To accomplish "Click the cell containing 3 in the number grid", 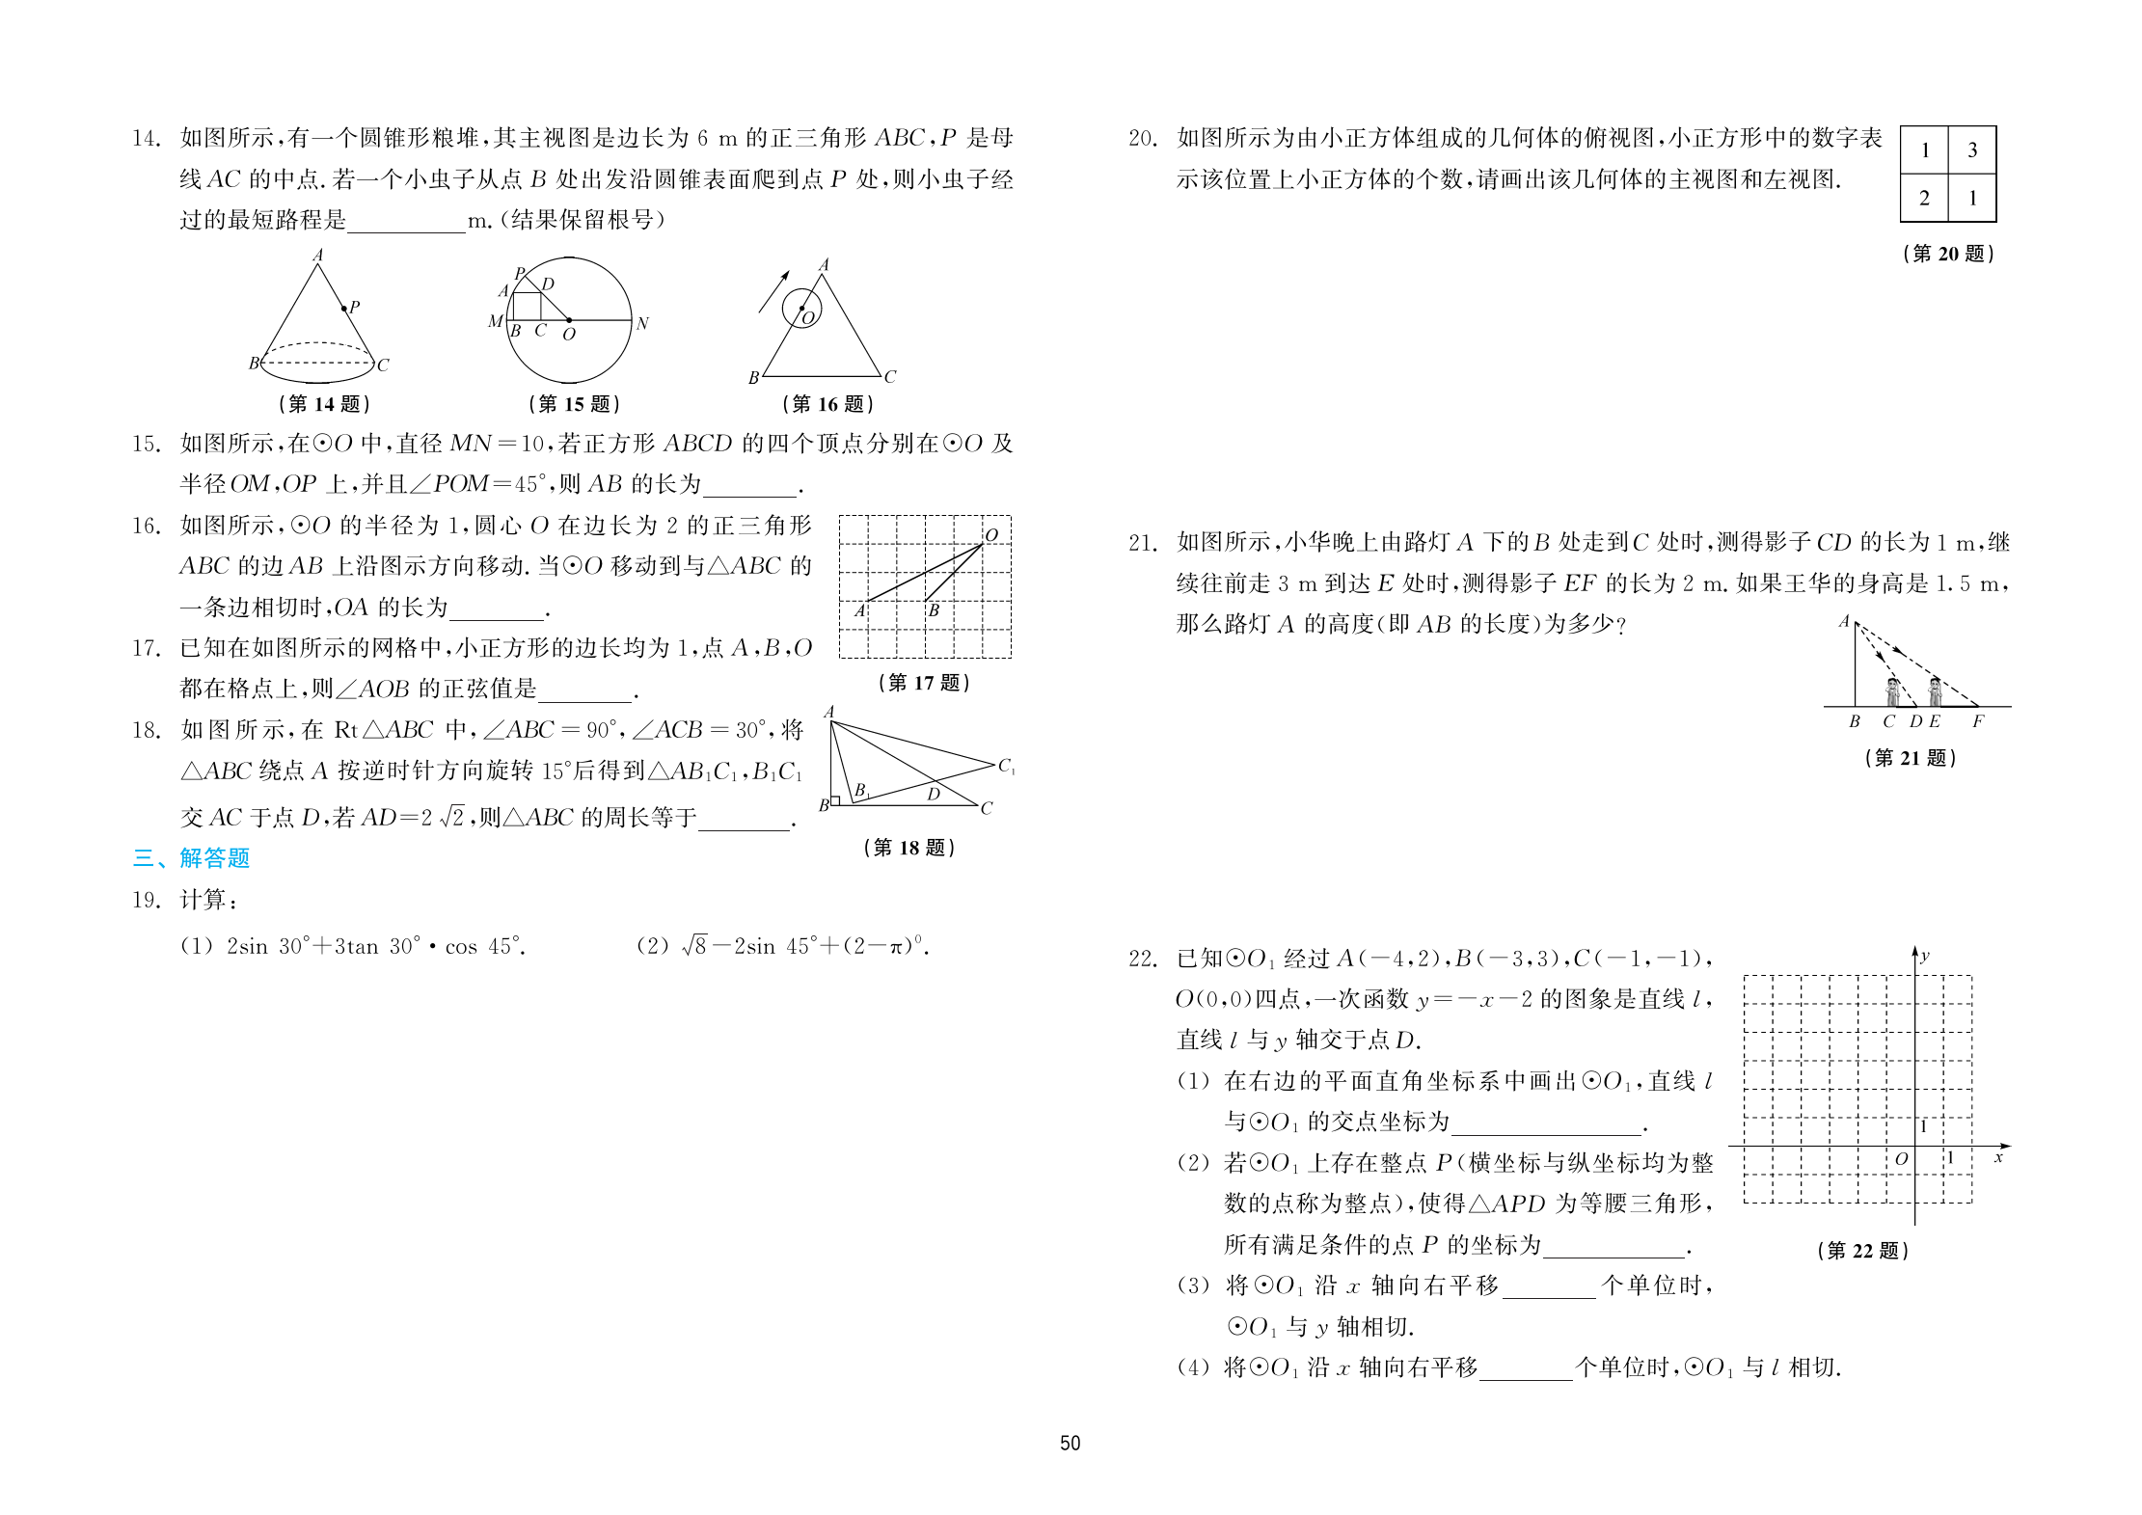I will (1972, 149).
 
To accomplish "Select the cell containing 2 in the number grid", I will (1924, 199).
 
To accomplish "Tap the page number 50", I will (1070, 1443).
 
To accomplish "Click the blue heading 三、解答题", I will (191, 857).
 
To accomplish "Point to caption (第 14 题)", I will (324, 404).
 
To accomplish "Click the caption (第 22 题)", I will (1862, 1251).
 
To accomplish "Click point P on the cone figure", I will (345, 309).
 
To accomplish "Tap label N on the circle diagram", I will (642, 324).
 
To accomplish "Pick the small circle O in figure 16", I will (801, 309).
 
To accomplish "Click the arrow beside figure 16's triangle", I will (773, 291).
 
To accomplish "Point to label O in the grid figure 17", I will (991, 535).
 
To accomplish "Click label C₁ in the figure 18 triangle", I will (1006, 767).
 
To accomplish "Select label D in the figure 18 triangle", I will (934, 795).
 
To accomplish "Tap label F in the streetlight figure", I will (1978, 721).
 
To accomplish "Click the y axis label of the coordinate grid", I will (1925, 957).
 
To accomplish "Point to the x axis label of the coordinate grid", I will (1999, 1157).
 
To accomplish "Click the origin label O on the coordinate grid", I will (1901, 1159).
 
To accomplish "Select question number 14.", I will (146, 139).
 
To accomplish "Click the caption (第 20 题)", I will (1948, 254).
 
